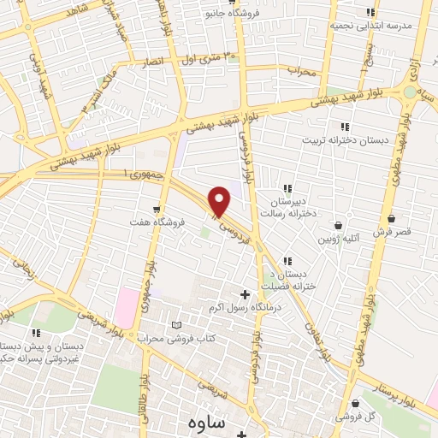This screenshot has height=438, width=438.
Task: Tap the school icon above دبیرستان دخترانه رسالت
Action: (x=288, y=188)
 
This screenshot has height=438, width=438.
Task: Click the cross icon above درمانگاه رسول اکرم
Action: (x=246, y=294)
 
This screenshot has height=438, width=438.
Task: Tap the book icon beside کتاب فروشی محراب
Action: (x=177, y=327)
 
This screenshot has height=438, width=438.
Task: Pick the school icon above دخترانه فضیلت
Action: (x=288, y=261)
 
